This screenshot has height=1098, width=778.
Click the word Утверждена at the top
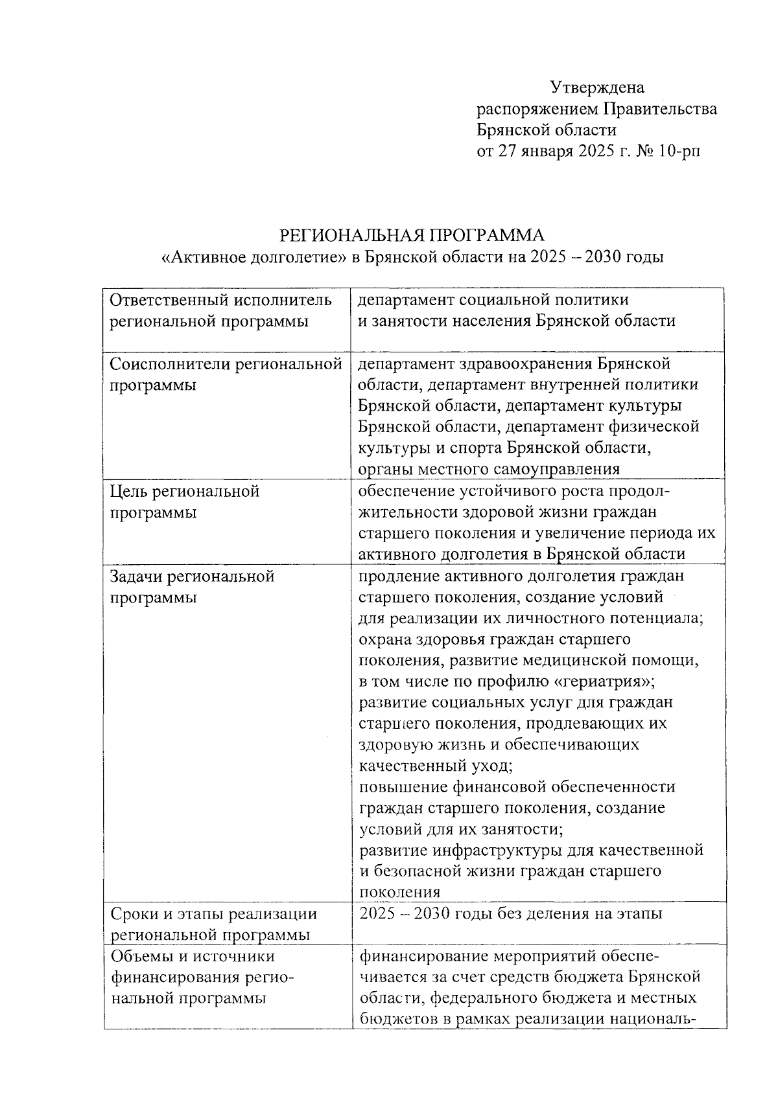597,87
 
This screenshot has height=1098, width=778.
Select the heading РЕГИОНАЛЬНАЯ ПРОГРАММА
412,235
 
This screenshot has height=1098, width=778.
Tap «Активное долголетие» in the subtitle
253,257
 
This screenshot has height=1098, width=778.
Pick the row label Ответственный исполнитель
220,300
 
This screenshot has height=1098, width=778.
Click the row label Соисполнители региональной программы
226,374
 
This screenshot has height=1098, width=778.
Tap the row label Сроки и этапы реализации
214,914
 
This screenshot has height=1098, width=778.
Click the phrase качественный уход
436,766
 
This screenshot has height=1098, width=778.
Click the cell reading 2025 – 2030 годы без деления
510,914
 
